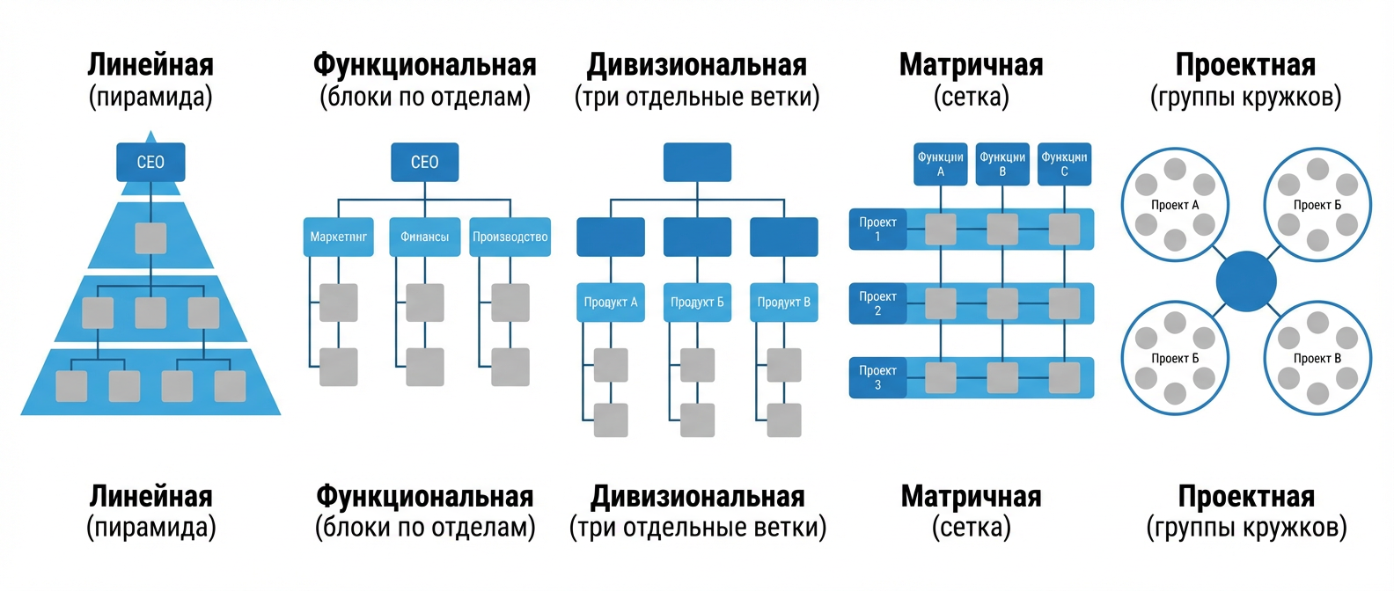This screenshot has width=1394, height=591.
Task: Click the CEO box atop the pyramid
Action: click(x=150, y=162)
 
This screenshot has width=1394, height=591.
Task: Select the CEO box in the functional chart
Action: click(x=424, y=162)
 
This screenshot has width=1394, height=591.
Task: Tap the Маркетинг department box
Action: click(x=339, y=237)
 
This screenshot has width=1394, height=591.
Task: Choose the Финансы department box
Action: click(x=424, y=237)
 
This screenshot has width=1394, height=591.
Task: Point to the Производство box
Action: click(x=510, y=237)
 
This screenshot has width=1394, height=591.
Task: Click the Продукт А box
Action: click(x=611, y=302)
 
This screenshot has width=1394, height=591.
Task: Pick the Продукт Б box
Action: click(x=697, y=302)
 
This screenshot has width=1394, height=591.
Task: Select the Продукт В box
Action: click(x=783, y=302)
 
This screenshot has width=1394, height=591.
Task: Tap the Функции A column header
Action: click(x=940, y=164)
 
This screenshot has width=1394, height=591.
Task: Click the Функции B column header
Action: click(x=1002, y=164)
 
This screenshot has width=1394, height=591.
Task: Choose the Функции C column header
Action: click(x=1064, y=164)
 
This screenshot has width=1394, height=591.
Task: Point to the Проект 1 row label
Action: click(x=877, y=229)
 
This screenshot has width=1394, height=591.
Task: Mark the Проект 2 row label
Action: click(x=877, y=303)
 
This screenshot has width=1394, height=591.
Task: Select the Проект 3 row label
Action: click(x=877, y=377)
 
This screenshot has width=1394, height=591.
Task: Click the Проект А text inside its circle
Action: click(x=1175, y=205)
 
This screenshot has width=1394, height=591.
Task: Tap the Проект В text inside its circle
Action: click(x=1317, y=358)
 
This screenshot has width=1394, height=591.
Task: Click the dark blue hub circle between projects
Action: click(x=1246, y=281)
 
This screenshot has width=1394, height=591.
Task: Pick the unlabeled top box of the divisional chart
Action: click(x=697, y=162)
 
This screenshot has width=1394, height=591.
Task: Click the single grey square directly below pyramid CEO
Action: click(x=150, y=238)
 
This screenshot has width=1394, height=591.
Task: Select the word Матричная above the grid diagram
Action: click(x=971, y=65)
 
